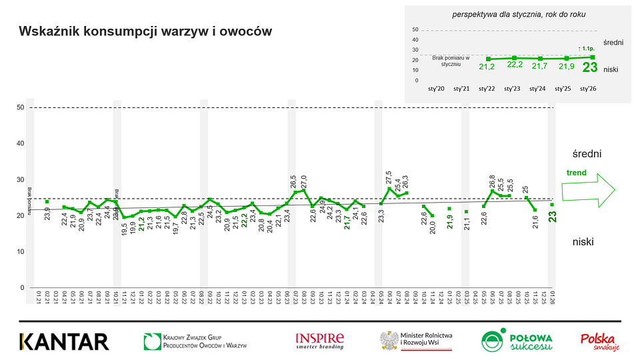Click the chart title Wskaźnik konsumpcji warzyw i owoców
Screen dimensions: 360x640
tap(145, 31)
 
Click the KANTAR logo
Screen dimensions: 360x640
tap(64, 341)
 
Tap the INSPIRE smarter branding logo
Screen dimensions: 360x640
tap(320, 341)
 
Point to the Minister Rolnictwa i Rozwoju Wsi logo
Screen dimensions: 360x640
tap(416, 341)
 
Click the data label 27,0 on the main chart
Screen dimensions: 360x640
tap(304, 181)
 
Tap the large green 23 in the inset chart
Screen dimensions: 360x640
tap(590, 67)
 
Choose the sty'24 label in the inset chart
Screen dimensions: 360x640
tap(537, 88)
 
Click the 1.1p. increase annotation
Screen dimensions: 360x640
tap(587, 49)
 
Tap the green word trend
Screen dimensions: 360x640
tap(577, 173)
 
